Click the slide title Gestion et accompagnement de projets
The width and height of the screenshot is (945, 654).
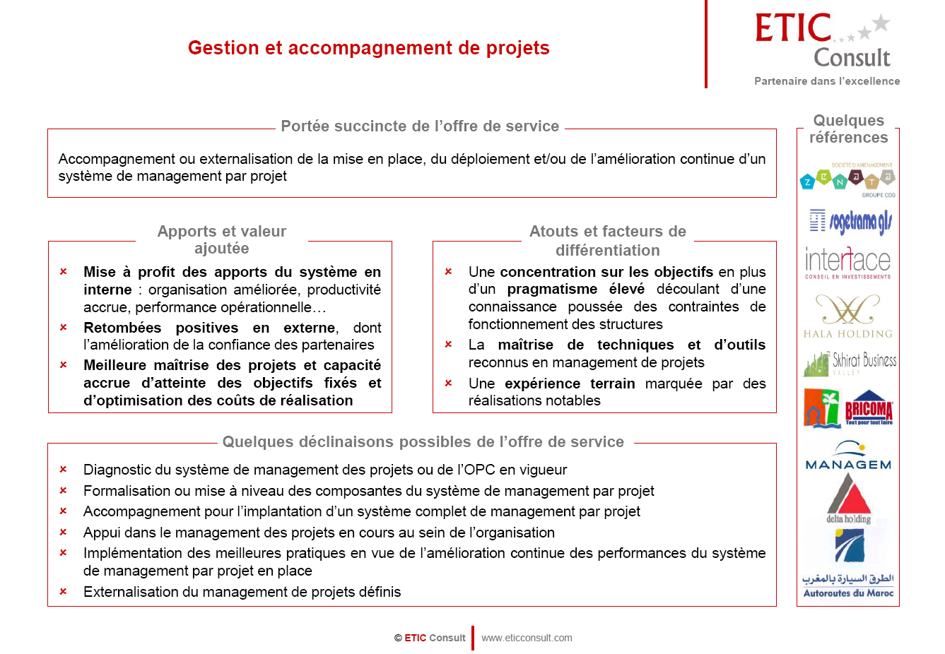(x=368, y=48)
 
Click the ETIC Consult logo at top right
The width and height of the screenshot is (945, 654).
(x=824, y=41)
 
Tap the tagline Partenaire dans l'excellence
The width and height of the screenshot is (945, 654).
(x=827, y=81)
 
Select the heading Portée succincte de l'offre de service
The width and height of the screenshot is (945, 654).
(x=420, y=126)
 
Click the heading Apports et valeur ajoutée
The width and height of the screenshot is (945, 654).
(x=222, y=239)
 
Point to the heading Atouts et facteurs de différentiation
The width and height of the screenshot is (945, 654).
(x=607, y=241)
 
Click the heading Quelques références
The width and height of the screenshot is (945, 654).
(x=848, y=129)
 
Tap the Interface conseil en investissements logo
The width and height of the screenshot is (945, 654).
(x=847, y=263)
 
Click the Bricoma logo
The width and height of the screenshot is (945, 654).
(x=868, y=408)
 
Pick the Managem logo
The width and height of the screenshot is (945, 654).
(x=848, y=456)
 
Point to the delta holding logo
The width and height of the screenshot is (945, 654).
(x=849, y=500)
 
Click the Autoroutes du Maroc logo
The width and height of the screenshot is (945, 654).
(x=848, y=565)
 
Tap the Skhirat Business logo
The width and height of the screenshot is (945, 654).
(x=849, y=363)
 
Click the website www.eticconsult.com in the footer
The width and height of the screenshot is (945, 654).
(x=527, y=638)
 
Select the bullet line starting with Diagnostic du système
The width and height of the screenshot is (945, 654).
(x=325, y=470)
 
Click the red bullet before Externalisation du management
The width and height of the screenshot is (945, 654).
(x=63, y=591)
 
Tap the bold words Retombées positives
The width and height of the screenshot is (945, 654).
(x=176, y=328)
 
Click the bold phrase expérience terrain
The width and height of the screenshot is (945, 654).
(x=570, y=384)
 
